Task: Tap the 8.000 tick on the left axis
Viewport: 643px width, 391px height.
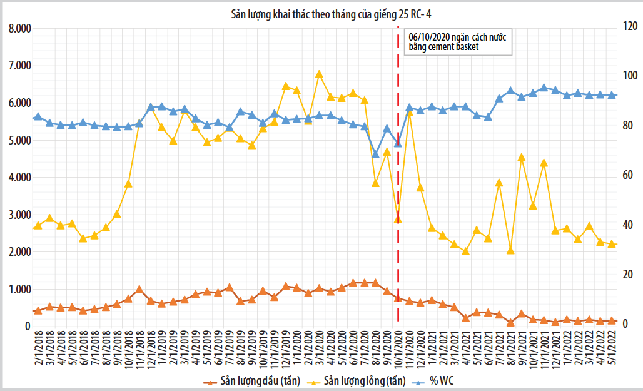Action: coord(18,29)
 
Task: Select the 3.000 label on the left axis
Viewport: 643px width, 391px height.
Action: coord(18,215)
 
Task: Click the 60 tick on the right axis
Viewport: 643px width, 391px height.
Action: coord(626,176)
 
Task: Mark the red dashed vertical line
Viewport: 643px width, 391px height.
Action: coord(398,188)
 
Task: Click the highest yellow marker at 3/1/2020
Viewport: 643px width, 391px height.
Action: coord(319,74)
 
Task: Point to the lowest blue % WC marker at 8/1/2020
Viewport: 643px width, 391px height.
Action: coord(375,154)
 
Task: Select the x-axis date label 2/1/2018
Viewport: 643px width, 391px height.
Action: coord(38,350)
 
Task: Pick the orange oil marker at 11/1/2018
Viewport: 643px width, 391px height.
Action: coord(139,290)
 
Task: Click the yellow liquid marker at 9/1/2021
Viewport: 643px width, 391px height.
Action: coord(522,158)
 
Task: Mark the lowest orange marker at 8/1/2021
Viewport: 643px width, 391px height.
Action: coord(510,323)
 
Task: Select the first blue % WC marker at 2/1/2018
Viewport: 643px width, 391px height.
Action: coord(38,116)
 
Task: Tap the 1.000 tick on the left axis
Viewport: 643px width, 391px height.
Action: coord(18,290)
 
